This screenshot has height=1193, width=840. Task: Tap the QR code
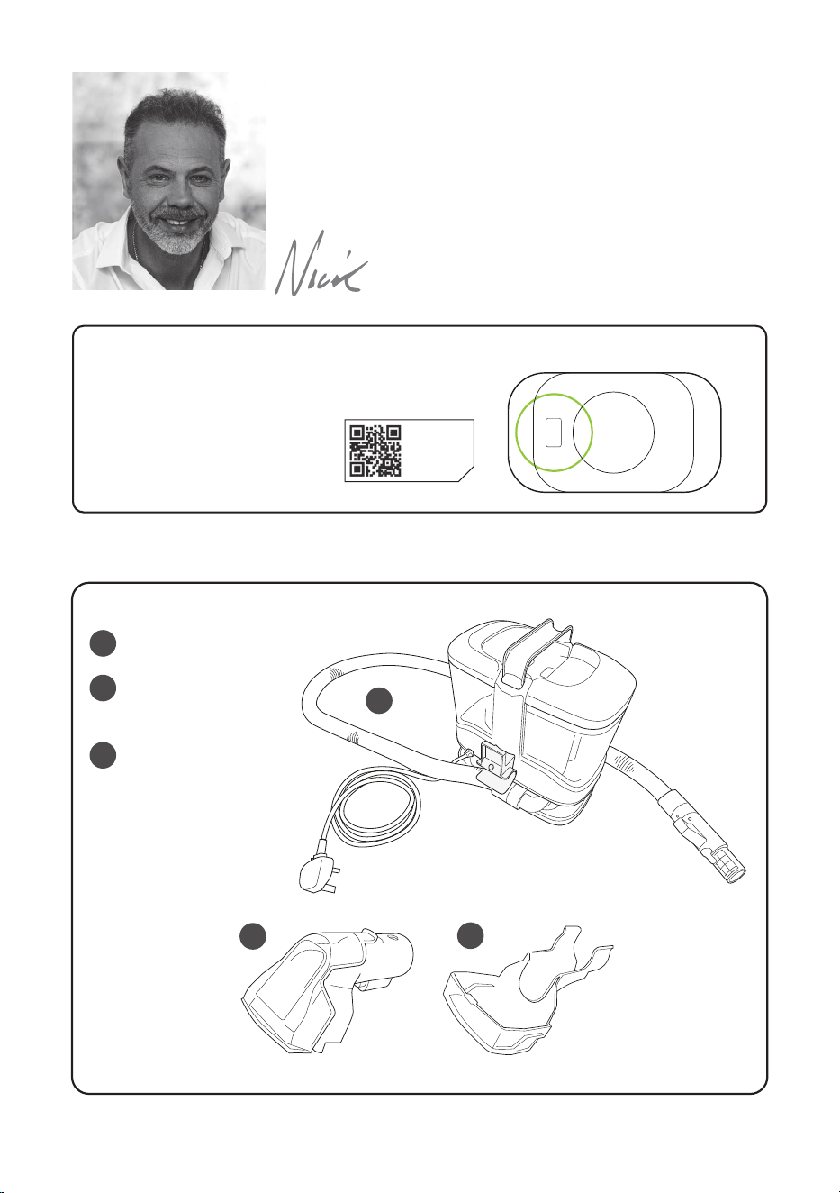click(x=375, y=451)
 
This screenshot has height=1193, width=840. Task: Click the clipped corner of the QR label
click(x=466, y=474)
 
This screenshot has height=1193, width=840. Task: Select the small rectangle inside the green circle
click(x=554, y=432)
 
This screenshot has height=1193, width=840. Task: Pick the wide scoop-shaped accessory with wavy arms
click(x=527, y=993)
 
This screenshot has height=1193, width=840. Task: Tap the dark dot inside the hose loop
click(x=380, y=701)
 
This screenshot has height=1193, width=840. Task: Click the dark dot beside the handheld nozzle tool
click(x=253, y=936)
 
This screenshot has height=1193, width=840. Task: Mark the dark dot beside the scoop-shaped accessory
click(x=471, y=936)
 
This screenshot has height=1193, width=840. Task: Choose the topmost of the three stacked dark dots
click(x=103, y=642)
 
